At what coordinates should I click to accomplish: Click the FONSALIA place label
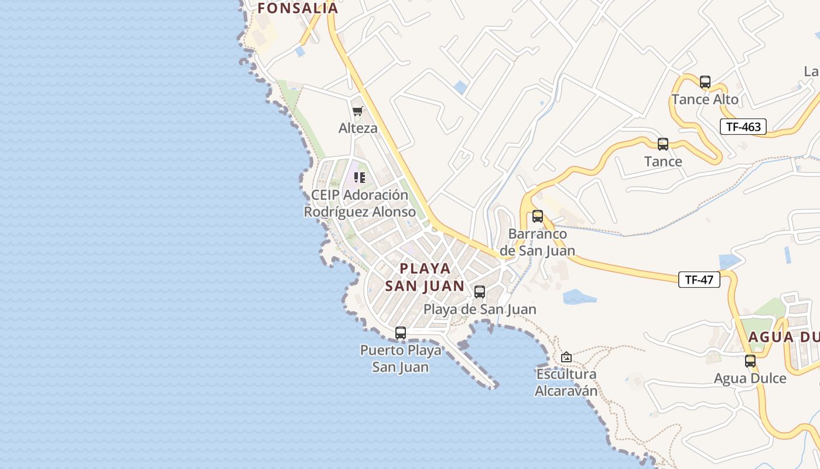(x=298, y=8)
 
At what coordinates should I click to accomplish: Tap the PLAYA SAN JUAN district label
(x=425, y=277)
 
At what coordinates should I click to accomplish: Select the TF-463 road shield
(x=743, y=127)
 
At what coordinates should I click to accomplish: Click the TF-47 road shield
(x=699, y=280)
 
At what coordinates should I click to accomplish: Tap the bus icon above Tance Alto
(x=705, y=82)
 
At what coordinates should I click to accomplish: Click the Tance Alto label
(x=705, y=100)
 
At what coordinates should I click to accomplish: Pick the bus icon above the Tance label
(x=663, y=144)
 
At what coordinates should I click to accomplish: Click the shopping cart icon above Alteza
(x=358, y=111)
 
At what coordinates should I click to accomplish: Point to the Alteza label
(x=358, y=128)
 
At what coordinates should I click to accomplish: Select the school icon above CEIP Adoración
(x=360, y=177)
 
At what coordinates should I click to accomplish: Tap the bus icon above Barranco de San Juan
(x=538, y=216)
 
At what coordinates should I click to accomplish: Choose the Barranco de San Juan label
(x=537, y=242)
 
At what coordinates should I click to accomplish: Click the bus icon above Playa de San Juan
(x=480, y=292)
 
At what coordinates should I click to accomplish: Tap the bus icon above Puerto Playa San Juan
(x=401, y=333)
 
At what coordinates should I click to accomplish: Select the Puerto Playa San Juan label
(x=401, y=359)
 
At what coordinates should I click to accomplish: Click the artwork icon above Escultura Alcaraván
(x=566, y=357)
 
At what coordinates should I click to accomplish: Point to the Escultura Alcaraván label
(x=566, y=382)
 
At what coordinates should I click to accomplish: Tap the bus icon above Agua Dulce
(x=750, y=361)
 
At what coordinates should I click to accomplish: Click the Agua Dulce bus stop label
(x=750, y=379)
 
